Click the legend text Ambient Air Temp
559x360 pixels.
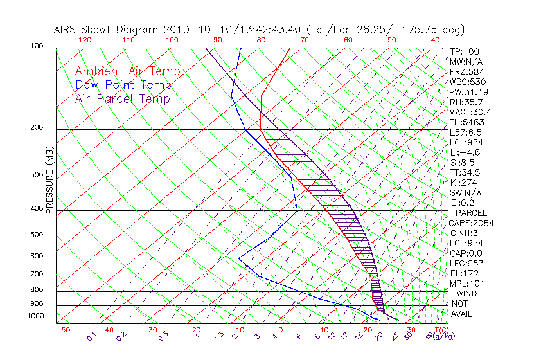127,71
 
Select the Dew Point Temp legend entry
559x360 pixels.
123,85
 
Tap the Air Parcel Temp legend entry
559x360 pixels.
122,98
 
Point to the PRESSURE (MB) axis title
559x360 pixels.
50,180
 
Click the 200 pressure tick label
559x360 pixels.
37,128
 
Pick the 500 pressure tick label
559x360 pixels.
37,235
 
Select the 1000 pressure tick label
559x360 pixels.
35,316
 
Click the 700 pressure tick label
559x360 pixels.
37,275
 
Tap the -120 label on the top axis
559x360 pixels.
82,39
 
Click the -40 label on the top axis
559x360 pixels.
432,39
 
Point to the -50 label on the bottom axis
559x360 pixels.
62,330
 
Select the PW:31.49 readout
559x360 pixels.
468,92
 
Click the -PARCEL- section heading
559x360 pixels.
472,213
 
